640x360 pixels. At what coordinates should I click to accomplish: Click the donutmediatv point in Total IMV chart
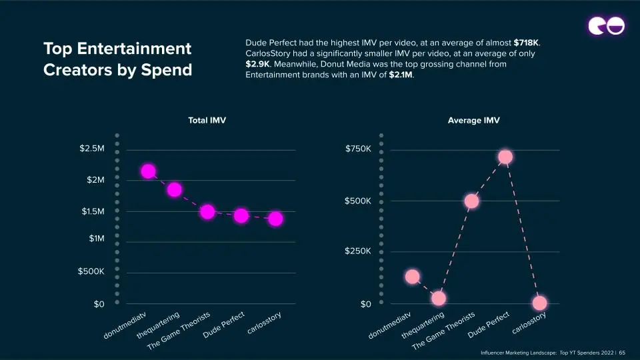coord(148,171)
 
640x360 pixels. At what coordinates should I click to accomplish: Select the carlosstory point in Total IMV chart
coord(275,219)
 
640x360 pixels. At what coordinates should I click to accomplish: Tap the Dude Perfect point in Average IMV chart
coord(505,157)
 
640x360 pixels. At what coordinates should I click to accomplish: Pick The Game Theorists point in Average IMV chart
coord(471,201)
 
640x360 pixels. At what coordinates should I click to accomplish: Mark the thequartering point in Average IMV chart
coord(439,299)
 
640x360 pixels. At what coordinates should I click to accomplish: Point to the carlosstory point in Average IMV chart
coord(539,303)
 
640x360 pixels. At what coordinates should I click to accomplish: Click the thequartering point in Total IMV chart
coord(174,190)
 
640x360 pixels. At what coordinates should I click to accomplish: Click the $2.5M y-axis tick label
coord(92,148)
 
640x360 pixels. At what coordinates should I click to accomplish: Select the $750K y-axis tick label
coord(358,149)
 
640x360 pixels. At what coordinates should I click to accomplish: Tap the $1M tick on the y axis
coord(97,239)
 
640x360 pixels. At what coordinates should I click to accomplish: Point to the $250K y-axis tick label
coord(357,251)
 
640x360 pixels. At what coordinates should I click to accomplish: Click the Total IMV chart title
coord(207,121)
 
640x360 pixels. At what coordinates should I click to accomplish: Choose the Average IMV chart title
coord(473,121)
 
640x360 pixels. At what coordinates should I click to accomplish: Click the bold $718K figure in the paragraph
coord(526,43)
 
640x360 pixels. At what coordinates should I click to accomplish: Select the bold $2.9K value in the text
coord(257,64)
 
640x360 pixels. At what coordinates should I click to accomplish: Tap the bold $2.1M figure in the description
coord(401,75)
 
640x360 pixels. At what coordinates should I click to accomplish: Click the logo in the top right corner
coord(606,26)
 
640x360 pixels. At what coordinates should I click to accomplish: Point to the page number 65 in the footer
coord(622,353)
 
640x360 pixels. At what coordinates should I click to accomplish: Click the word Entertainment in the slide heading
coord(134,49)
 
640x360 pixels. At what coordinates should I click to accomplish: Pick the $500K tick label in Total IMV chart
coord(91,271)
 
